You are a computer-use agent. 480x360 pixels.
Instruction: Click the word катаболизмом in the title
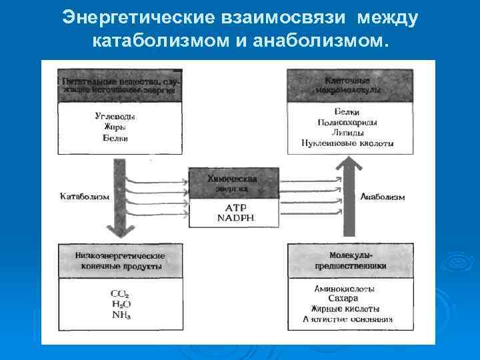[154, 42]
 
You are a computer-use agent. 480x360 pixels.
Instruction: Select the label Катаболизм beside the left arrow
[84, 197]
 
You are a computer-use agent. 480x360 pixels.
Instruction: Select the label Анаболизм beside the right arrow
[382, 197]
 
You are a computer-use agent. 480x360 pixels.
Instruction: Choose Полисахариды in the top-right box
[347, 123]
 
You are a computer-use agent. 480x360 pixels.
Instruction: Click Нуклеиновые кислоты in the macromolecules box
[347, 143]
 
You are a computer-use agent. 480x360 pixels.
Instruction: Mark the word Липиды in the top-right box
[347, 133]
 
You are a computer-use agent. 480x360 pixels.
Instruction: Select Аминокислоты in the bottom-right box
[344, 289]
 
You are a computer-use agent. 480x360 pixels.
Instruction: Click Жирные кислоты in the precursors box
[345, 309]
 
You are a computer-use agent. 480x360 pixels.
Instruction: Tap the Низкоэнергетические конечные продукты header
[120, 260]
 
